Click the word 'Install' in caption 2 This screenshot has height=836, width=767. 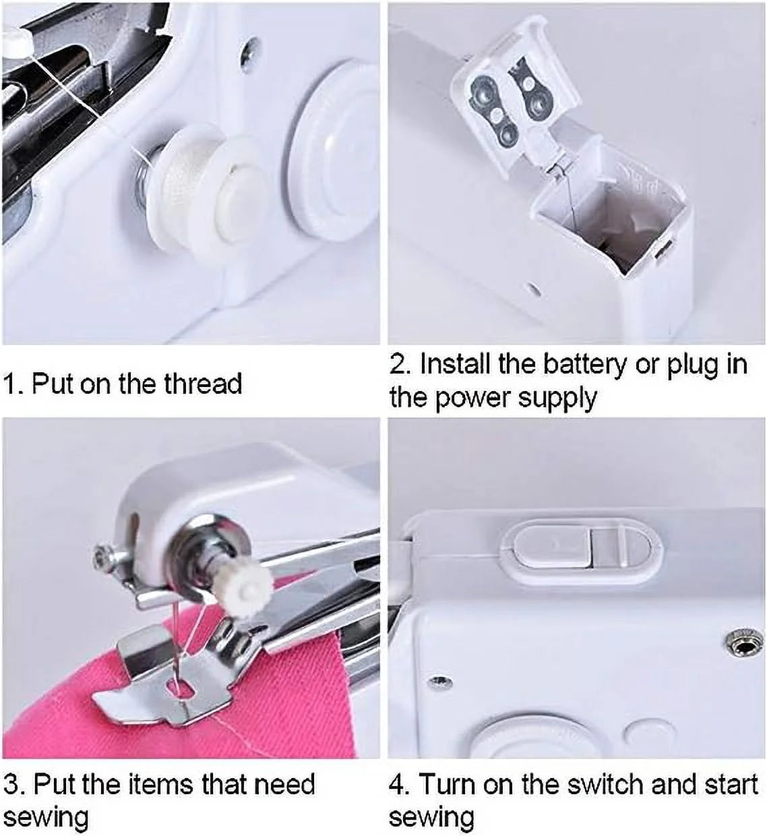pyautogui.click(x=456, y=365)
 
